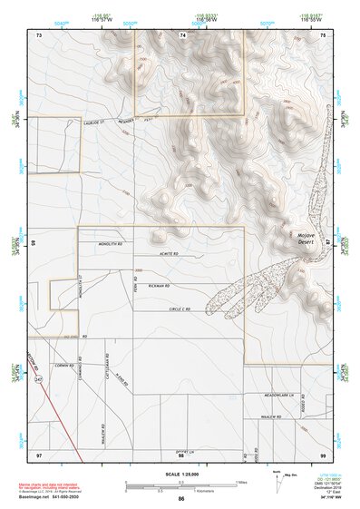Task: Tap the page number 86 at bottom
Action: [x=181, y=499]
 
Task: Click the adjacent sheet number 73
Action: [x=39, y=34]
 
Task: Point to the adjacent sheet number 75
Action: [x=323, y=34]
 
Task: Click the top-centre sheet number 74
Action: [x=182, y=34]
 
